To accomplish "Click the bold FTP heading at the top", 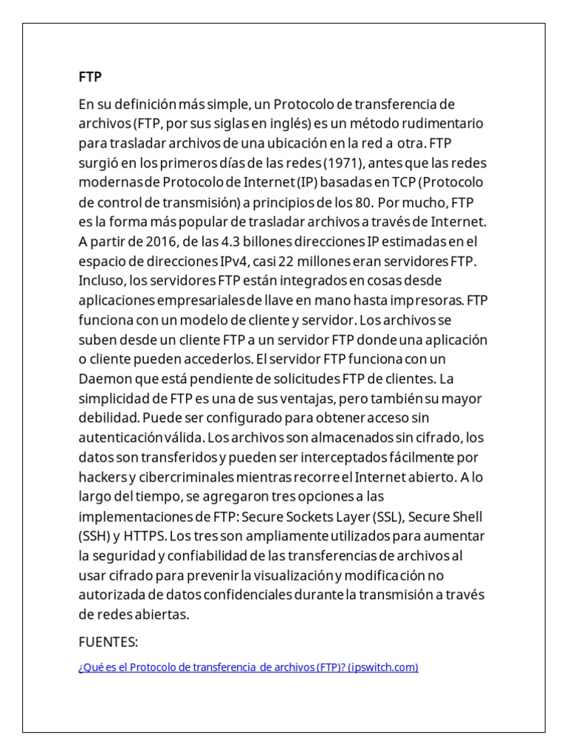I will pos(90,77).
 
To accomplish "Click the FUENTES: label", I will pos(109,642).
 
